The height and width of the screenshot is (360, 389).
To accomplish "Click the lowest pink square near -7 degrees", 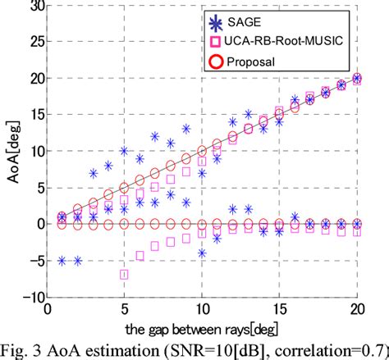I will coord(124,275).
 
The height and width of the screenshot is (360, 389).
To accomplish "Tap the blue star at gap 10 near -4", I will coord(201,253).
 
